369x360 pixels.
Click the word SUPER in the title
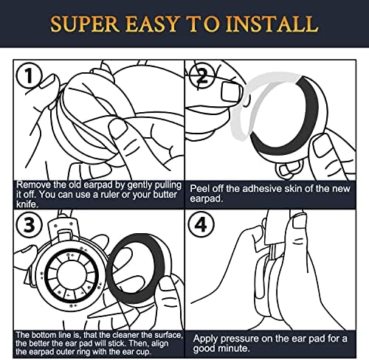pos(85,24)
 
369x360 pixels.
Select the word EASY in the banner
pos(152,24)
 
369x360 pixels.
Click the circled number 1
pos(29,75)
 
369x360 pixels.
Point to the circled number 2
pos(202,75)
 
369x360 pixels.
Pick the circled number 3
pos(29,224)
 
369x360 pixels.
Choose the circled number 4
pos(201,224)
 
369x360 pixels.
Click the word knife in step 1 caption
pos(27,204)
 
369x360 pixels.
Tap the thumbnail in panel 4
pos(300,221)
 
